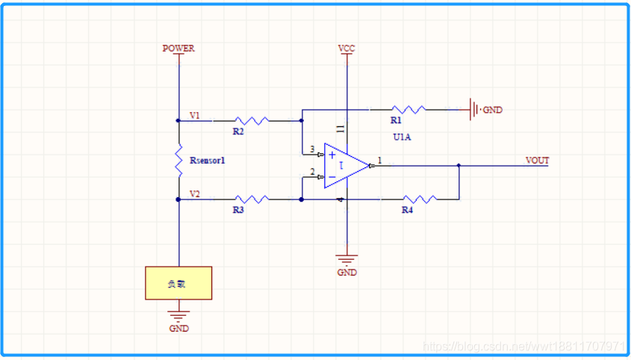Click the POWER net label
pos(178,49)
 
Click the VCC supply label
pos(346,49)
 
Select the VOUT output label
pos(537,161)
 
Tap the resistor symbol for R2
pos(251,120)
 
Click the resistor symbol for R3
pos(251,199)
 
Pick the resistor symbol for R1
pos(408,109)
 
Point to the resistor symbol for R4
pos(419,199)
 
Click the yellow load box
pos(178,283)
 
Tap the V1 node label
pos(194,116)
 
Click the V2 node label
pos(194,194)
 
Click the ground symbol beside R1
pos(473,110)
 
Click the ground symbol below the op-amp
pos(346,259)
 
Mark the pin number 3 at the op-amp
pos(312,149)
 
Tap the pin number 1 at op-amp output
pos(379,160)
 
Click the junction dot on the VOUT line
pos(459,166)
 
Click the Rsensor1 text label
pos(208,161)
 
